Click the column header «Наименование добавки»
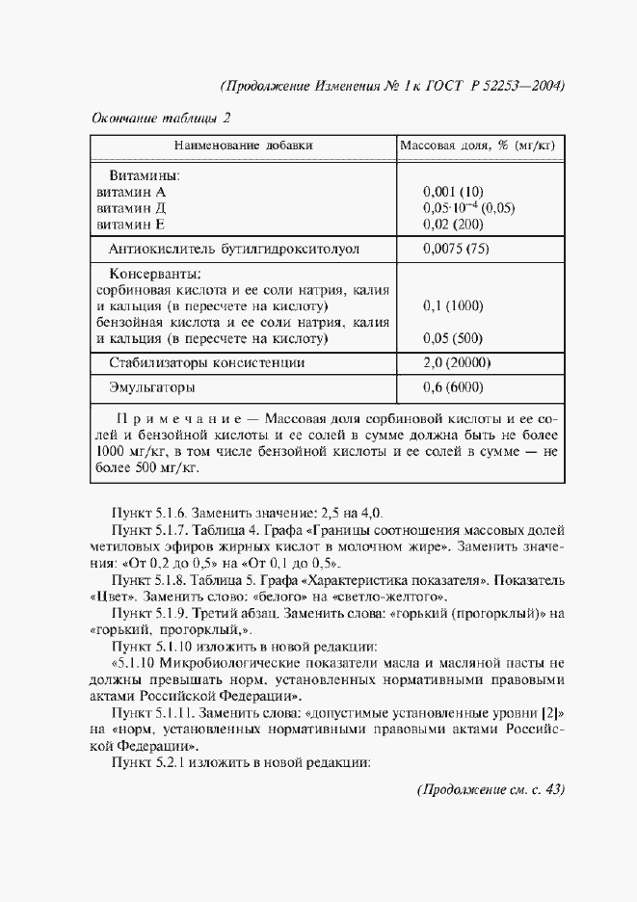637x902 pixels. pos(243,146)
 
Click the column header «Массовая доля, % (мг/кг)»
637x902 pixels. pos(482,146)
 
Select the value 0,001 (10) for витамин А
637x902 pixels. pos(453,192)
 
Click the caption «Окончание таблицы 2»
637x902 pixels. pos(161,119)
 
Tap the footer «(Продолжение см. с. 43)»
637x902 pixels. pos(490,790)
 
